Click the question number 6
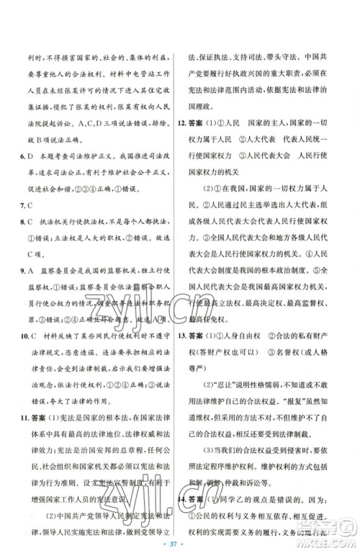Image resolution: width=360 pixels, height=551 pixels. click(25, 175)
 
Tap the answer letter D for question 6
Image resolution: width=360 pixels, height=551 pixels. click(35, 175)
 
